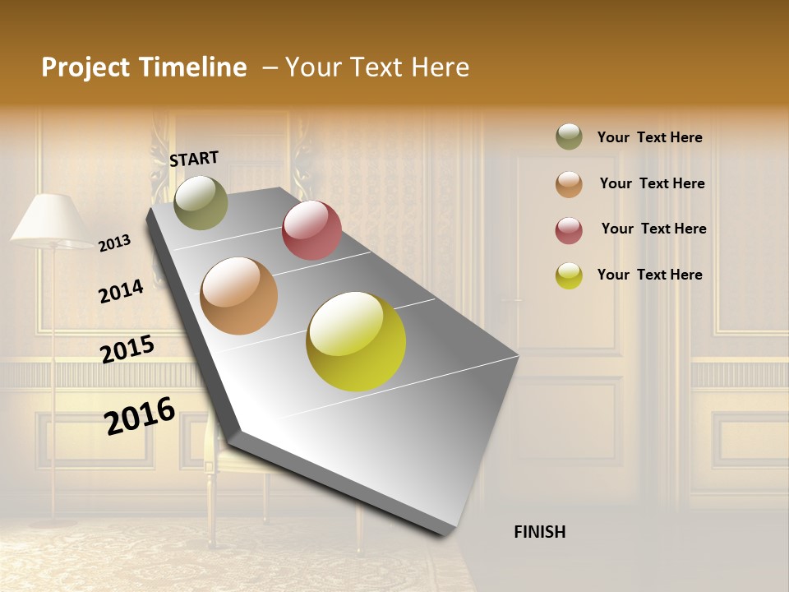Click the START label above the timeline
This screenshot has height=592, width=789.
point(194,158)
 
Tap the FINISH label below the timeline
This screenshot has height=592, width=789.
point(539,532)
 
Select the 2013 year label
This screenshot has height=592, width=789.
point(115,243)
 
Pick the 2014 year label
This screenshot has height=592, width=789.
point(121,291)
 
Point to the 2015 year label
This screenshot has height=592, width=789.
point(127,349)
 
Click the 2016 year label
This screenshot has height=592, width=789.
point(140,415)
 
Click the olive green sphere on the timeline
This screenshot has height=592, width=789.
point(201,202)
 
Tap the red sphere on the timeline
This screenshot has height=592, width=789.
point(311,229)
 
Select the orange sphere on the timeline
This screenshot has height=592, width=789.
point(239,296)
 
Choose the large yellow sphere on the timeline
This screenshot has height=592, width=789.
point(356,341)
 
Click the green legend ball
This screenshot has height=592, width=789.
point(569,136)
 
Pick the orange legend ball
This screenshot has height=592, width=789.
point(569,183)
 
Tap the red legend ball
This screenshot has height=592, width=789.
point(569,229)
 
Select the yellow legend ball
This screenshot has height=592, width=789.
point(569,275)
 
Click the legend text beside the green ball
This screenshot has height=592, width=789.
point(649,137)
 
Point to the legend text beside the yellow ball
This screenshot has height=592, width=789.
point(649,275)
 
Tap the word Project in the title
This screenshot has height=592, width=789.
point(85,67)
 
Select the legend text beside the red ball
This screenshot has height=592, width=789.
point(653,229)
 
